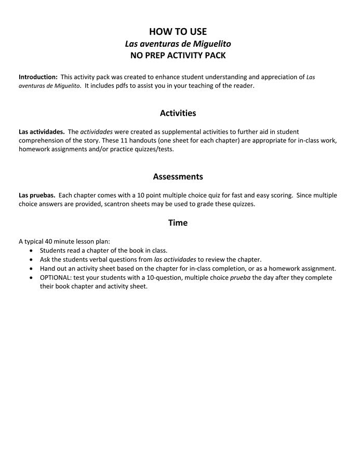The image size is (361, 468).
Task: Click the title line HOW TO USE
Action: coord(178,32)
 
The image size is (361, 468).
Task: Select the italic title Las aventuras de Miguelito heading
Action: coord(178,44)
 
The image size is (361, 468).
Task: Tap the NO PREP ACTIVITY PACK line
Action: coord(178,55)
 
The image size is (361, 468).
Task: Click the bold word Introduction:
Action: coord(38,77)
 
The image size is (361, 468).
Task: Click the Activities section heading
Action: coord(178,113)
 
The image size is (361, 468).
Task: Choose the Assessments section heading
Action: coord(178,177)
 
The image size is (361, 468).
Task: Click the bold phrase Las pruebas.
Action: coord(37,196)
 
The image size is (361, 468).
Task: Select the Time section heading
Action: coord(178,223)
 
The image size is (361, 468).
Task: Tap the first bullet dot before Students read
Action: coord(33,251)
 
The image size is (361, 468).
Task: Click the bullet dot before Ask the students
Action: coord(33,259)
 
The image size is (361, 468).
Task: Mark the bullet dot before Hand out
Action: coord(33,269)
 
